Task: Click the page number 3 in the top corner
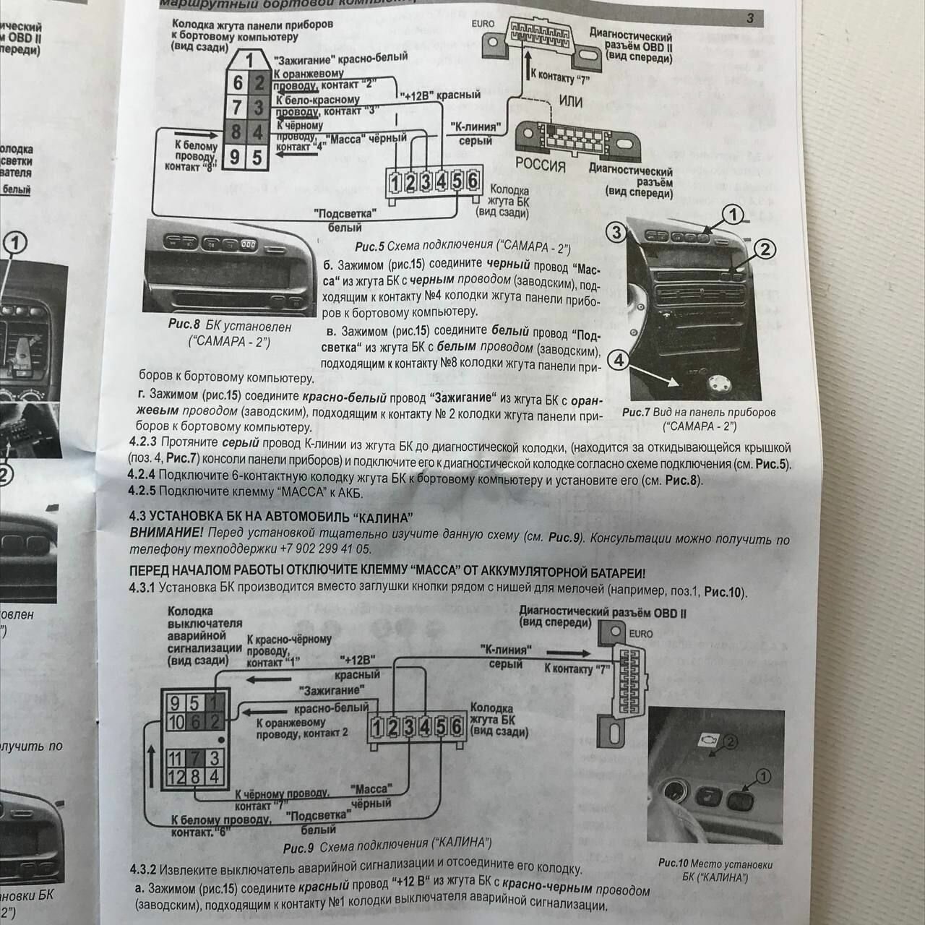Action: tap(750, 18)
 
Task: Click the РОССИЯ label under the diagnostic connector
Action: tap(540, 165)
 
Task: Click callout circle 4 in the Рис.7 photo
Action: tap(619, 360)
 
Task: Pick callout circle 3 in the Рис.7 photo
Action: tap(616, 233)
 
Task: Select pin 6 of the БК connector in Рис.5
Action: tap(472, 181)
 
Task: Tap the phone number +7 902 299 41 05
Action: tap(317, 549)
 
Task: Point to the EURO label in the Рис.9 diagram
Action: tap(640, 634)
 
